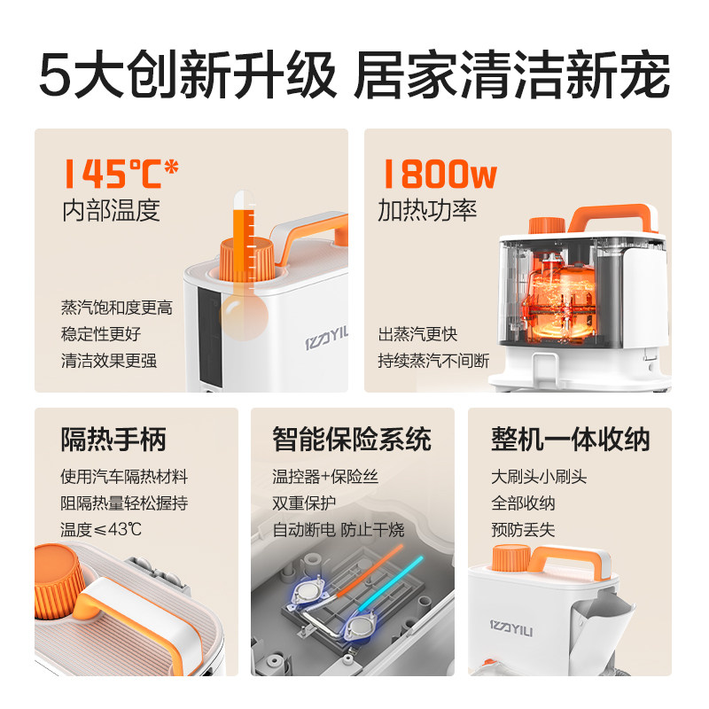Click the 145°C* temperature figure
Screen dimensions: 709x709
pos(120,173)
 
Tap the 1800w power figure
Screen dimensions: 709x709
pos(438,173)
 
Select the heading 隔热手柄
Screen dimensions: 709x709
pos(113,439)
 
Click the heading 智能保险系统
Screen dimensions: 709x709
pos(352,439)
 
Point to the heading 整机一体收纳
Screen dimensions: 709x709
pos(570,439)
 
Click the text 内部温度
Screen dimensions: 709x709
pos(111,211)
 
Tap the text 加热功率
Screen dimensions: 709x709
pos(427,211)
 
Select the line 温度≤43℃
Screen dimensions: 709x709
pos(101,530)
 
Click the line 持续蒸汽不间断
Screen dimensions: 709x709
pos(433,361)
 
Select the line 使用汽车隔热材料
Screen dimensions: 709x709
pos(124,477)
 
